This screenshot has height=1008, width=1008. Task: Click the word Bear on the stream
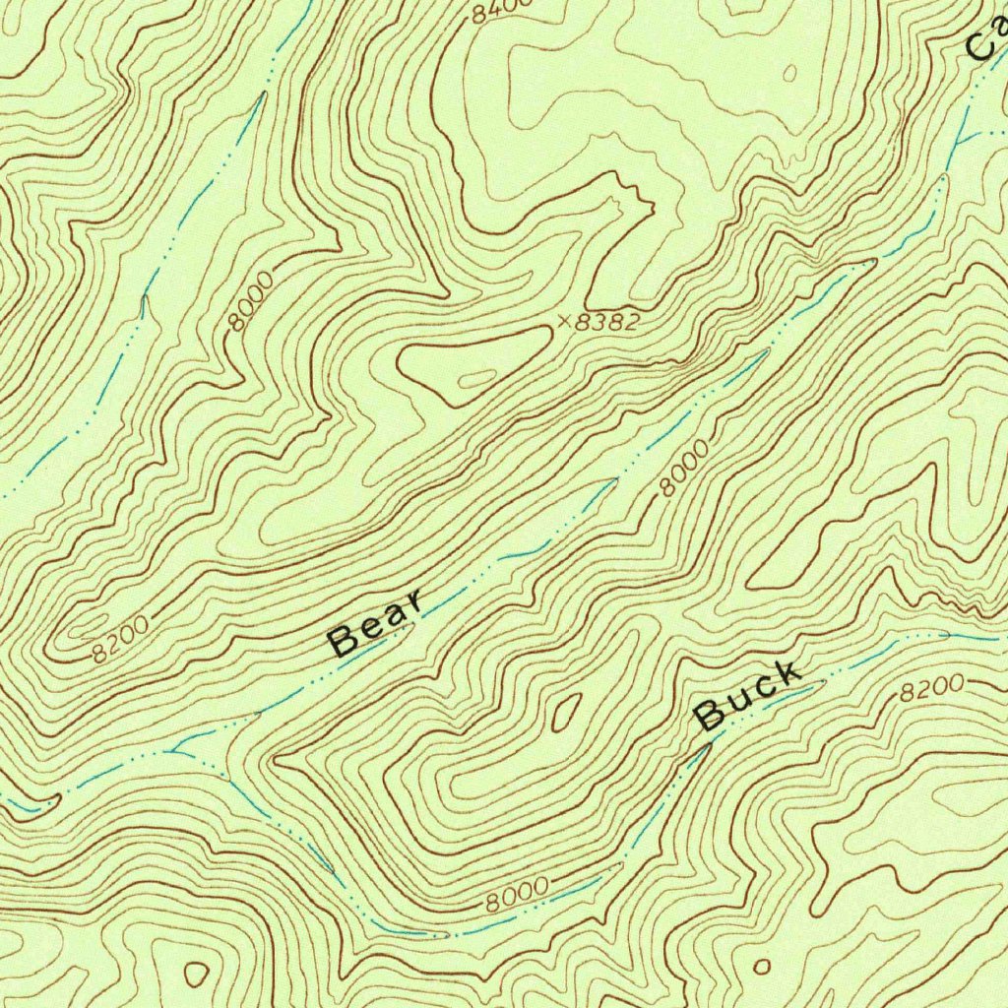click(x=377, y=623)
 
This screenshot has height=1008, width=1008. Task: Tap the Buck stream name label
click(x=747, y=696)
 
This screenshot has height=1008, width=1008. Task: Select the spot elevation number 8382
click(x=607, y=321)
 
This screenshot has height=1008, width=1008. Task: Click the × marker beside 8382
click(x=563, y=320)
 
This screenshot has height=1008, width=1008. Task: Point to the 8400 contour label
click(x=500, y=10)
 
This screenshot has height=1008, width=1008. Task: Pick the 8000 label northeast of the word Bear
click(x=683, y=468)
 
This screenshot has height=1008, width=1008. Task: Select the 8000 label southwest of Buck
click(x=517, y=893)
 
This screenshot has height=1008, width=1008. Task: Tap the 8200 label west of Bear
click(x=122, y=638)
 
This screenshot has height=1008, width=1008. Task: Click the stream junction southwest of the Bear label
click(x=175, y=751)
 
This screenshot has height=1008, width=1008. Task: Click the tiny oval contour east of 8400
click(x=789, y=73)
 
